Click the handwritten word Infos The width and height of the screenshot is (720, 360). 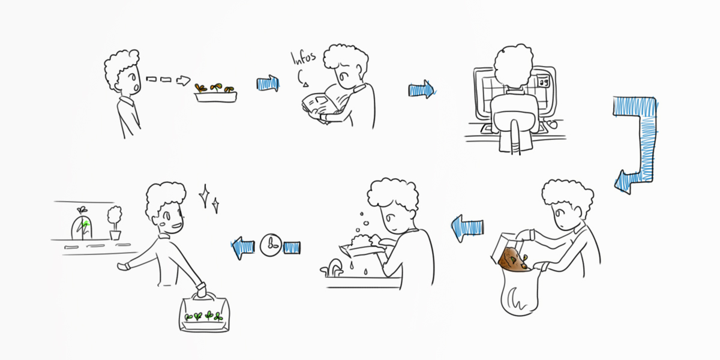coord(303,58)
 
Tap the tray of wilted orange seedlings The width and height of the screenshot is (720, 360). coord(215,93)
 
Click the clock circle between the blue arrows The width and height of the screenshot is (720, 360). coord(271,245)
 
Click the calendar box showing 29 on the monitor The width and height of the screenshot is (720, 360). coord(544,82)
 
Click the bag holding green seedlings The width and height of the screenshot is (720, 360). coord(205,313)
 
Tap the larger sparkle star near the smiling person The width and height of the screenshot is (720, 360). coord(205,196)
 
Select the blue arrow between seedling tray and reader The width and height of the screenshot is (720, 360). coord(268,84)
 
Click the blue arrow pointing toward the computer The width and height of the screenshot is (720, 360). coord(422,89)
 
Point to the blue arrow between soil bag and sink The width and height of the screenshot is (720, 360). coord(467,228)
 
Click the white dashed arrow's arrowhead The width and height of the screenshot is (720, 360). coord(184,80)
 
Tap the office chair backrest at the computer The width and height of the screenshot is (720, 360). coord(515,111)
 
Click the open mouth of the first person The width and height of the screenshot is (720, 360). coord(136,87)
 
